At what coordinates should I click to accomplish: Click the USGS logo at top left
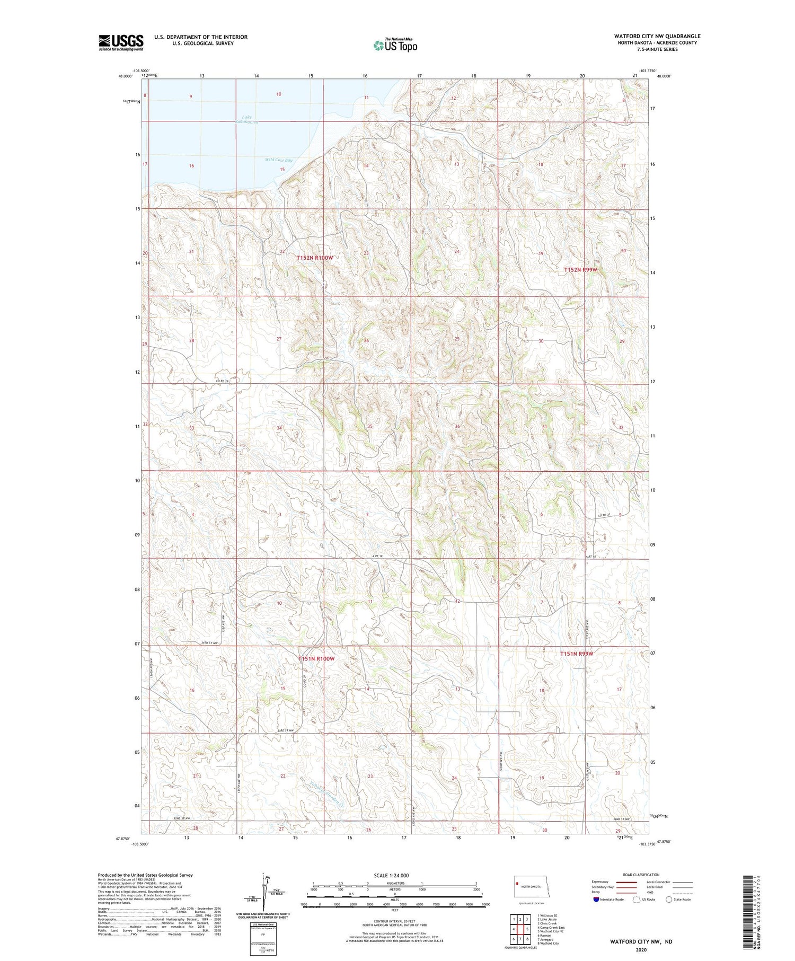click(x=121, y=42)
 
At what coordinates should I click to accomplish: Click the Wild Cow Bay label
click(x=279, y=160)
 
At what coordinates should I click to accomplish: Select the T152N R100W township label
click(x=315, y=258)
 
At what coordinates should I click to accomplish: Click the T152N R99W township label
click(x=580, y=270)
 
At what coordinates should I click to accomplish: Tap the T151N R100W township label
click(x=316, y=658)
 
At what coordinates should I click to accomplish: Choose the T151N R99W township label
click(x=577, y=654)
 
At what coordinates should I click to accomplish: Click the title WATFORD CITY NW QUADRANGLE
click(x=657, y=36)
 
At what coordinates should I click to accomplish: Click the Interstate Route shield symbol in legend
click(x=596, y=899)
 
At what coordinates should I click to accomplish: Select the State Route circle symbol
click(x=669, y=899)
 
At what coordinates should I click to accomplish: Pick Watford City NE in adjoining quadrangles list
click(x=551, y=931)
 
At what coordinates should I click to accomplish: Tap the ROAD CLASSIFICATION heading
click(x=641, y=875)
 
